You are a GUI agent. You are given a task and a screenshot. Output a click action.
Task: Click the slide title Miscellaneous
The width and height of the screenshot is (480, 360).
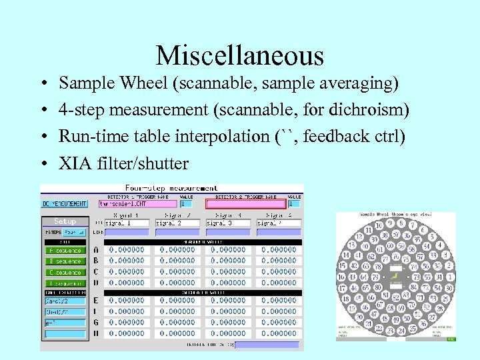[239, 55]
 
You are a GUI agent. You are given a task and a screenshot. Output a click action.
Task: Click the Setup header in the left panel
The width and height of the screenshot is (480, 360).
[65, 221]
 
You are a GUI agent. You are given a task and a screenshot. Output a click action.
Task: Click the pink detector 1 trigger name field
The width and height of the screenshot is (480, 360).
[137, 203]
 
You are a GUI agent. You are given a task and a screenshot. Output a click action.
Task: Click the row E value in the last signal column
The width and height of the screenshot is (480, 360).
[279, 301]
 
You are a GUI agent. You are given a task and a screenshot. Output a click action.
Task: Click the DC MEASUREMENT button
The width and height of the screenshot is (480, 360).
[65, 203]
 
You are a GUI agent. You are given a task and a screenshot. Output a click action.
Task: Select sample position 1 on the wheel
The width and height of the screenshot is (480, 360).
[451, 276]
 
